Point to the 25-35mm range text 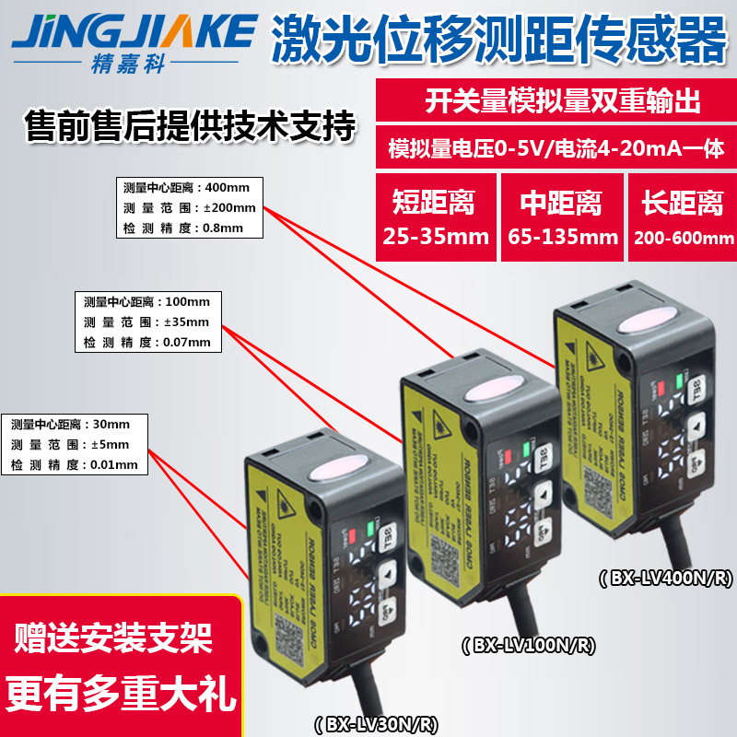point(435,237)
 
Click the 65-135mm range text point(563,237)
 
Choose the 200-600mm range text point(683,238)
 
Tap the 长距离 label point(683,201)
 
